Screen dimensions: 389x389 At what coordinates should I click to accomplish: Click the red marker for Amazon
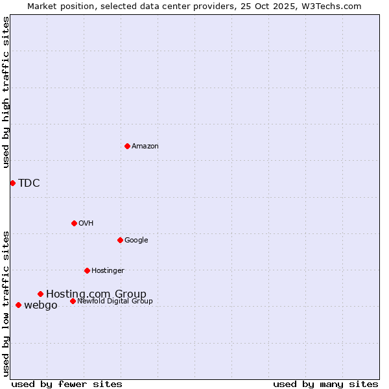pyautogui.click(x=127, y=146)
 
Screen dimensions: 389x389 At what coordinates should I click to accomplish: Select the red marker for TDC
pyautogui.click(x=12, y=183)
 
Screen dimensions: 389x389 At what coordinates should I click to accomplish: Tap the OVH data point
pyautogui.click(x=74, y=223)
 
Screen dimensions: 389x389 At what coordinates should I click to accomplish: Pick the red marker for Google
pyautogui.click(x=120, y=240)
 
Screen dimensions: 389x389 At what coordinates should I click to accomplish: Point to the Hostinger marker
pyautogui.click(x=87, y=270)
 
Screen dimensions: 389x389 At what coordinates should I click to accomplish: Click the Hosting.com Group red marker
pyautogui.click(x=40, y=294)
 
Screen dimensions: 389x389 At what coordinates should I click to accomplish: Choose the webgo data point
pyautogui.click(x=18, y=305)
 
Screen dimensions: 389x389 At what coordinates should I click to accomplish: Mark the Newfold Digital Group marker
pyautogui.click(x=73, y=301)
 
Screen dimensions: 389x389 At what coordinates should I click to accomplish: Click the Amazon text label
pyautogui.click(x=145, y=147)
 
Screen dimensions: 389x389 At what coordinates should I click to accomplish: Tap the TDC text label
pyautogui.click(x=29, y=183)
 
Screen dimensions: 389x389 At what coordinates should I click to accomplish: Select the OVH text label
pyautogui.click(x=86, y=224)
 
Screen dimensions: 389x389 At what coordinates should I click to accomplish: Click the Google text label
pyautogui.click(x=136, y=241)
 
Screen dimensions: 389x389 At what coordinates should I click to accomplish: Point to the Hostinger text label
pyautogui.click(x=108, y=271)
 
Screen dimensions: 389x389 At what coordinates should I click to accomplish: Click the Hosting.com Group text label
pyautogui.click(x=96, y=294)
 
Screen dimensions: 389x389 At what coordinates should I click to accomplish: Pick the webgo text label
pyautogui.click(x=41, y=305)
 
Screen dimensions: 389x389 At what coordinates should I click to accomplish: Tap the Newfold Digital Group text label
pyautogui.click(x=115, y=301)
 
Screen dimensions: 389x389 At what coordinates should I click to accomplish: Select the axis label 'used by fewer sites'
pyautogui.click(x=67, y=384)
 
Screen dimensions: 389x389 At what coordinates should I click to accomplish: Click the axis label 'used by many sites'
pyautogui.click(x=325, y=384)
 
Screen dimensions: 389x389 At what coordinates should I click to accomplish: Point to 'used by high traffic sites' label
pyautogui.click(x=6, y=92)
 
